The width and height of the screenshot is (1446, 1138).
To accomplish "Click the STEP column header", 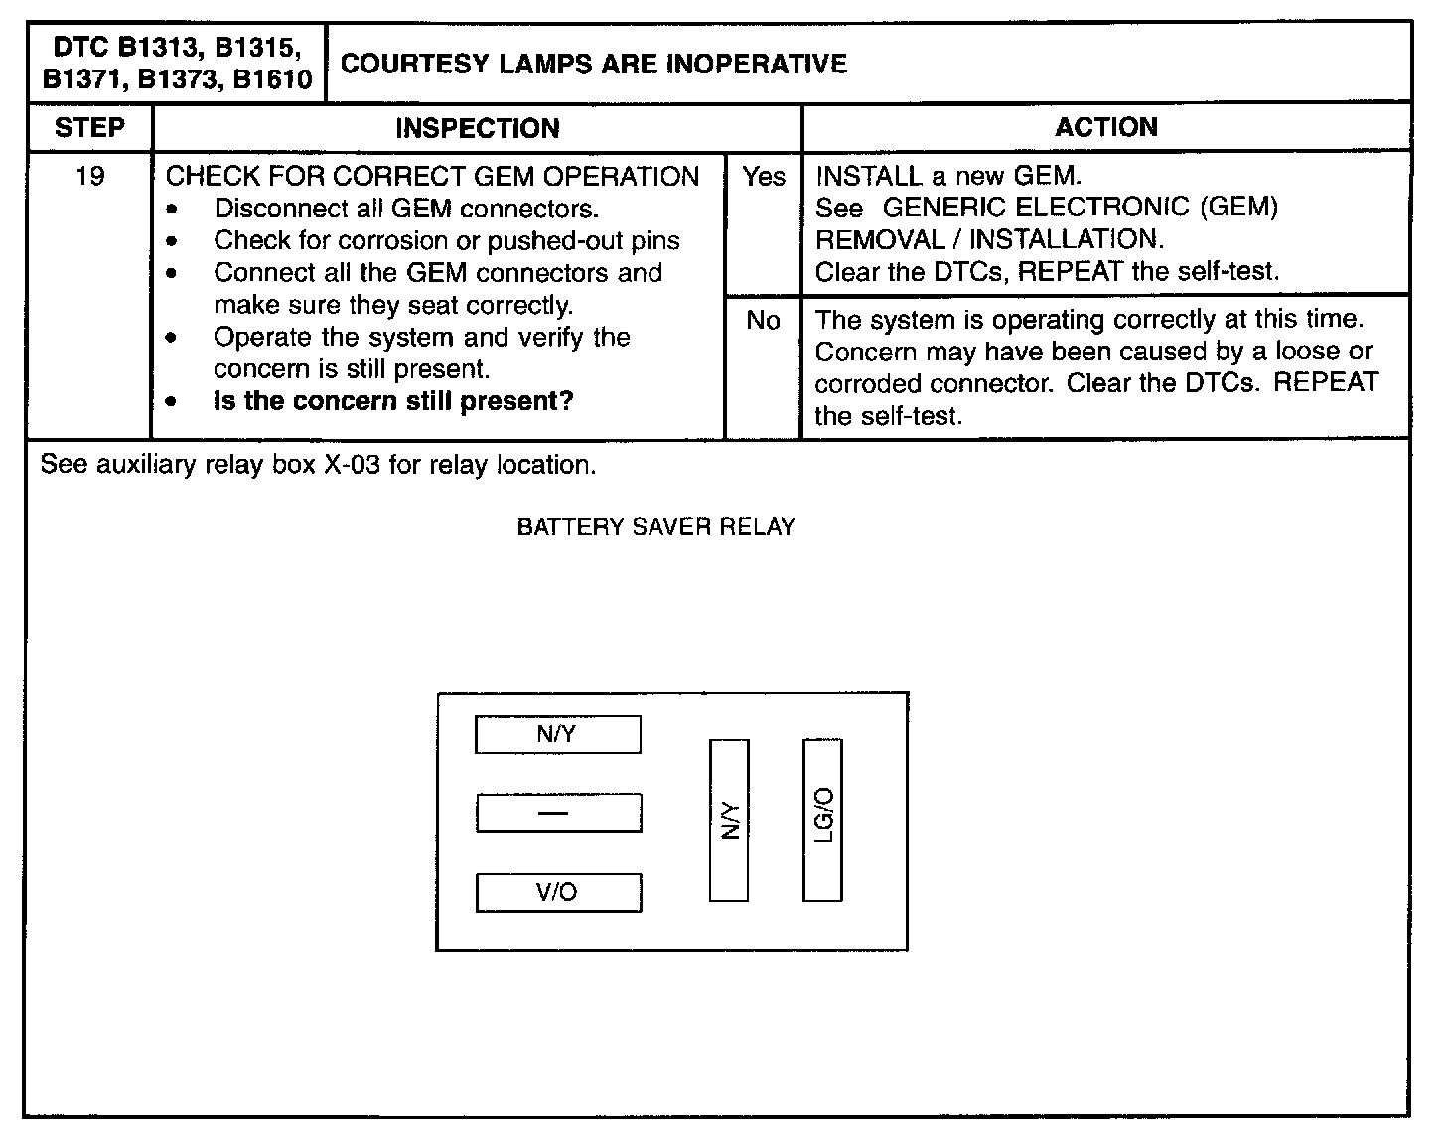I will [x=89, y=128].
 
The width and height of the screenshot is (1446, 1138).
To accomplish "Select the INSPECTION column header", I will [x=477, y=128].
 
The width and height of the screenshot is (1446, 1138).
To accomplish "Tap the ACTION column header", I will [x=1105, y=127].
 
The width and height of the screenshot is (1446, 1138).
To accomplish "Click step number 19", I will [x=89, y=177].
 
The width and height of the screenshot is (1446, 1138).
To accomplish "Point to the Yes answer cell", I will [x=763, y=177].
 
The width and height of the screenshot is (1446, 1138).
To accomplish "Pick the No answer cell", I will [x=763, y=321].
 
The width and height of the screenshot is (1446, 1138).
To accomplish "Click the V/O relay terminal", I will [x=558, y=892].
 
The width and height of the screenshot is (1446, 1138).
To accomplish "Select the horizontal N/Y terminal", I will [x=557, y=734].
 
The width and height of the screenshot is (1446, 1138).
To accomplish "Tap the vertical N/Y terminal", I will [x=729, y=820].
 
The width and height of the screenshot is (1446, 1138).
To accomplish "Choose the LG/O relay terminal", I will [x=822, y=819].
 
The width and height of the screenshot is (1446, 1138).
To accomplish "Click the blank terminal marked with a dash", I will [x=558, y=813].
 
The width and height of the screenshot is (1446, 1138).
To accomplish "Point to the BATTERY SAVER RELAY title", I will [x=655, y=527].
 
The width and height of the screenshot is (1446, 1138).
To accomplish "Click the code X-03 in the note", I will [x=353, y=465].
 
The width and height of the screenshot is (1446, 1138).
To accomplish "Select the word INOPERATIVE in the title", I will [x=756, y=65].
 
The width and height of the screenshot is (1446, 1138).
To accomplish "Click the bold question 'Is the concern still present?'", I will [x=393, y=401].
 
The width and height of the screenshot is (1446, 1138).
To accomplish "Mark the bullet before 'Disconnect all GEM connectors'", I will [x=174, y=210].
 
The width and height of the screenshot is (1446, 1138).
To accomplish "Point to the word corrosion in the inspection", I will [x=392, y=241].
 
